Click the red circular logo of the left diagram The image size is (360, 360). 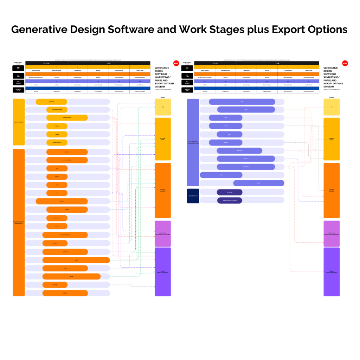pos(176,63)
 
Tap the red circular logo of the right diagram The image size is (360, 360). pos(345,63)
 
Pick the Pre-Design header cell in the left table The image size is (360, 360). pos(46,63)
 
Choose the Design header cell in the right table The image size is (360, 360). pos(278,63)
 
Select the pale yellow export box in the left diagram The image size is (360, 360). pos(163,107)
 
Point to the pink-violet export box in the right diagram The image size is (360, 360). pos(332,234)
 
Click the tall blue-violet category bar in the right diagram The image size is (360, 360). pos(193,142)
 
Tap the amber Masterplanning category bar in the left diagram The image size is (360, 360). pos(19,122)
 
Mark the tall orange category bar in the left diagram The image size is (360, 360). pos(19,223)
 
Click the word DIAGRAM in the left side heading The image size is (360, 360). pos(160,86)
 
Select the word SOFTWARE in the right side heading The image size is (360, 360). pos(330,74)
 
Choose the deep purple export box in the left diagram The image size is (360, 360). pos(163,272)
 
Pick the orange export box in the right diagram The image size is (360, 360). pos(332,190)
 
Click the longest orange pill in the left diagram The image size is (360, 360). pos(76,260)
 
